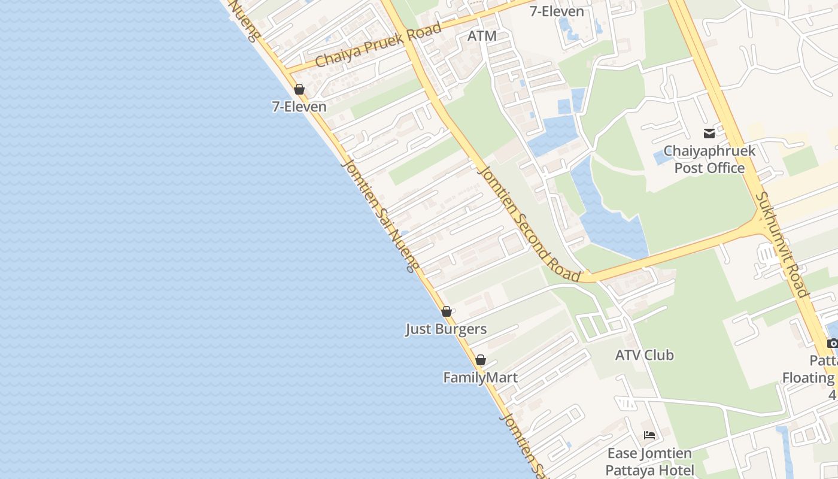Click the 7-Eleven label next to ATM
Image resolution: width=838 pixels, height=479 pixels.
(557, 11)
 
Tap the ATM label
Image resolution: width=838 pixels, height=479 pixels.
(482, 36)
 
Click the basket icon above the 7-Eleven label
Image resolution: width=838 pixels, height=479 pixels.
(299, 90)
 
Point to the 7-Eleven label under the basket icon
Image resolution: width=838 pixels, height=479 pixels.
(299, 107)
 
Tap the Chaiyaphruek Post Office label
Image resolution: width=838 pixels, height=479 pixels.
(709, 159)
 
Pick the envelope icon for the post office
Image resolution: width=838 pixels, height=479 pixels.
(709, 134)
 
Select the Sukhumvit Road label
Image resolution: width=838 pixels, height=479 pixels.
(782, 244)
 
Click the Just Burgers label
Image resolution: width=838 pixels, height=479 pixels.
(446, 329)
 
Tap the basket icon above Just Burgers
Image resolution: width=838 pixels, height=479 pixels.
(446, 311)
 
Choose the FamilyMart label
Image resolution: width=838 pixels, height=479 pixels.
(480, 378)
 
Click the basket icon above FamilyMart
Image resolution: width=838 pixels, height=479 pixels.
(480, 360)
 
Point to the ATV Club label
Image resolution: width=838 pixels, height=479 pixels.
(644, 355)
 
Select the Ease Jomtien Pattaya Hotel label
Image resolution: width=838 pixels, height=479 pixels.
(649, 462)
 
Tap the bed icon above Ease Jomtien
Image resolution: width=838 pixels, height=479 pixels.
(649, 435)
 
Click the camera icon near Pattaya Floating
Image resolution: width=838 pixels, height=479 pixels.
(832, 343)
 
